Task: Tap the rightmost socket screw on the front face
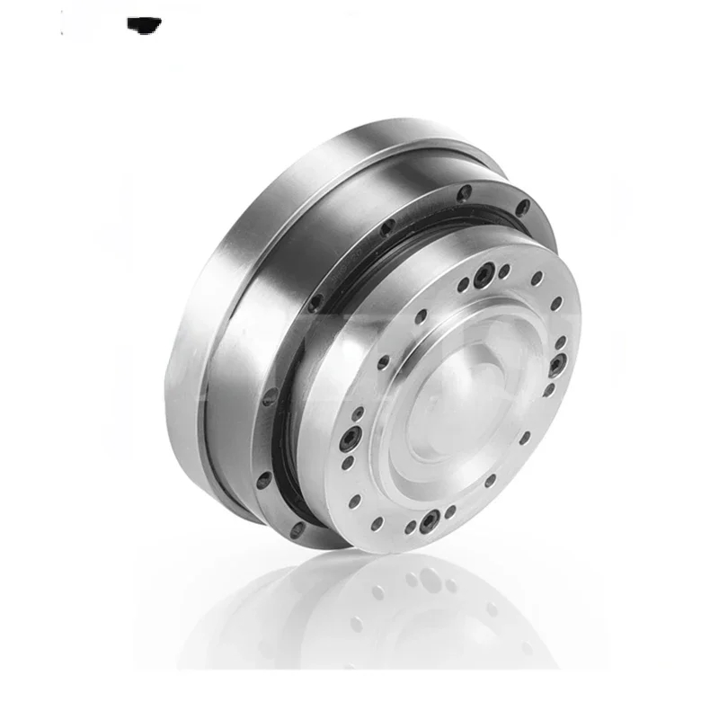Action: tap(557, 364)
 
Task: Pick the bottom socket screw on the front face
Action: tap(431, 519)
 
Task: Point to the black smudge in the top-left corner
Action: tap(144, 23)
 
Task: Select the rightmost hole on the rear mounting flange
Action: tap(522, 209)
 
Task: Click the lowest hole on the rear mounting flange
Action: tap(297, 530)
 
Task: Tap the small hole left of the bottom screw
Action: tap(410, 526)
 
